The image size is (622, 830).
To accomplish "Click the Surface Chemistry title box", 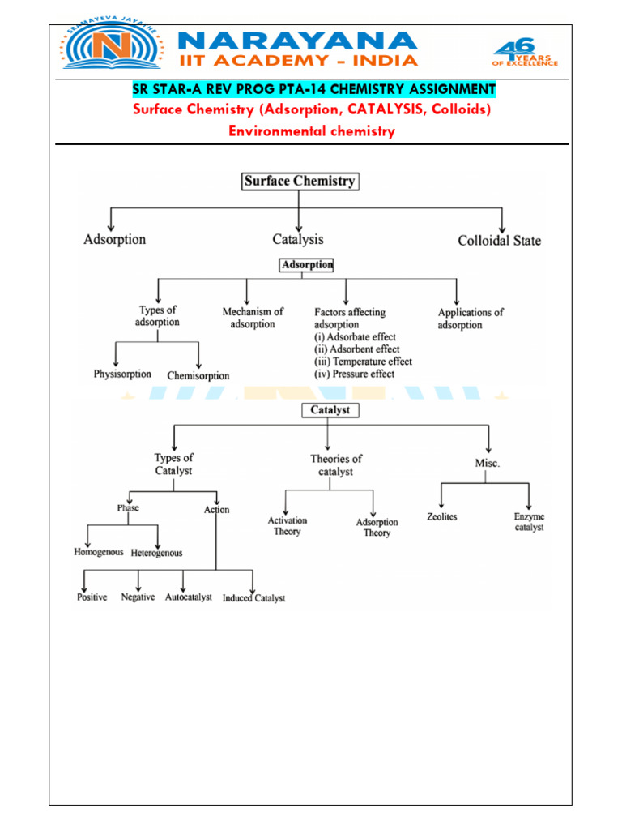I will (300, 182).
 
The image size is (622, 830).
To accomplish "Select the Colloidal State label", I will (499, 241).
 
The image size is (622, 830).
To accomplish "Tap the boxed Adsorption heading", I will (306, 265).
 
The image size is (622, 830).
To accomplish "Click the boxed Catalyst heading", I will (330, 410).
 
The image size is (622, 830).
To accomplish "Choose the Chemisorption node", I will (198, 376).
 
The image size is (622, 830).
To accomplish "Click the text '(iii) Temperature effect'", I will (363, 362).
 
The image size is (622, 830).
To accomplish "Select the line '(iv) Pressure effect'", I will (355, 374).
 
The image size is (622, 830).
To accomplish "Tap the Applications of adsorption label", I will (470, 319).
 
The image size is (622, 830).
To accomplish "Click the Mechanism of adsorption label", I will (253, 318).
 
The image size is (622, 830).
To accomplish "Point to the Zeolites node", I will (442, 517).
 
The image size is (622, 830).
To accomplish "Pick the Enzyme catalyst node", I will (529, 522).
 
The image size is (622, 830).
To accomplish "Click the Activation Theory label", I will (288, 526).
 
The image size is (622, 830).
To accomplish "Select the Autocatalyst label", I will (189, 597).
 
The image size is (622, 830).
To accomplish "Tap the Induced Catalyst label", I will (253, 598).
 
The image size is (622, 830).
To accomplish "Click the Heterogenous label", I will (157, 553).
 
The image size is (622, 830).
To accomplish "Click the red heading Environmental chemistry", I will (312, 131).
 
